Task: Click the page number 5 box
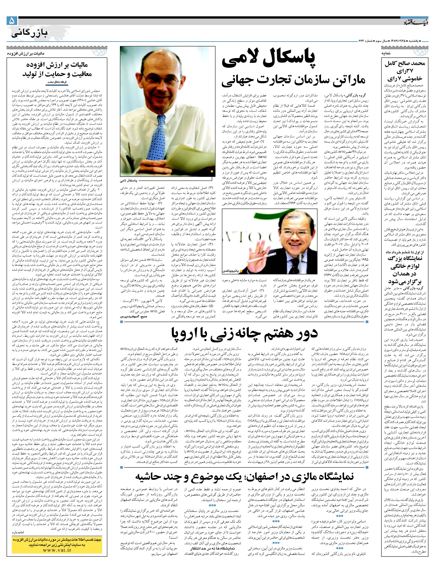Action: coord(12,21)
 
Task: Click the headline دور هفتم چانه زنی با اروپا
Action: coord(244,333)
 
